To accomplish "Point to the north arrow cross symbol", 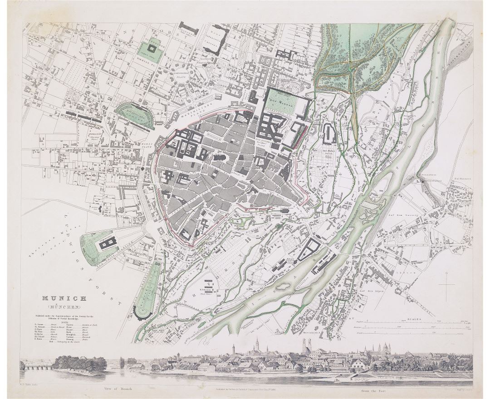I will tap(446, 285).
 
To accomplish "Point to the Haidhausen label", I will tap(458, 179).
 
